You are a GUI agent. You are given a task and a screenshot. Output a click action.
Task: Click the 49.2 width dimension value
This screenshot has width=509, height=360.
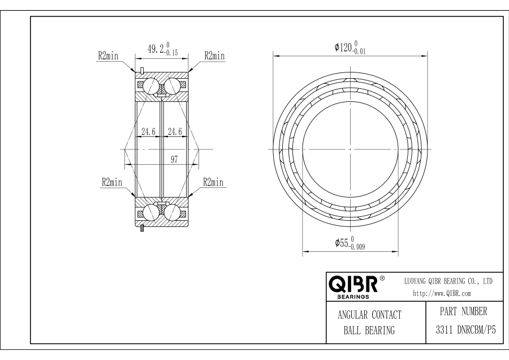click(163, 49)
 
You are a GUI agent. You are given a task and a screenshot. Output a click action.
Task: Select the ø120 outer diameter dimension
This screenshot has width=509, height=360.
click(350, 48)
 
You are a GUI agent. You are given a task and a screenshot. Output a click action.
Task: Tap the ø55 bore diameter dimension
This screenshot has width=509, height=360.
click(350, 243)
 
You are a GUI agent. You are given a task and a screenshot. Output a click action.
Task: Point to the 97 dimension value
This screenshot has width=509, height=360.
click(174, 160)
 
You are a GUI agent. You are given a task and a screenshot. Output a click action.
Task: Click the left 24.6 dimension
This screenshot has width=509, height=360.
click(148, 131)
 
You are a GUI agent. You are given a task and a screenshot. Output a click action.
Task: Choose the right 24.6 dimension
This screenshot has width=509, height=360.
click(175, 131)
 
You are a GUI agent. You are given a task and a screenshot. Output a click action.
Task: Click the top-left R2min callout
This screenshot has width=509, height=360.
click(109, 56)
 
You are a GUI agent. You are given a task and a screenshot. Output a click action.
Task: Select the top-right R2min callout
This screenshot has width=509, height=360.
click(214, 56)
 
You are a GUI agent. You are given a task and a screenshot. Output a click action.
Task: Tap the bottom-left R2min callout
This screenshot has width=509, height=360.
click(112, 182)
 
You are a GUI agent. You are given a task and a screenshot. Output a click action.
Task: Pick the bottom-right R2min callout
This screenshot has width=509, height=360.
click(213, 182)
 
